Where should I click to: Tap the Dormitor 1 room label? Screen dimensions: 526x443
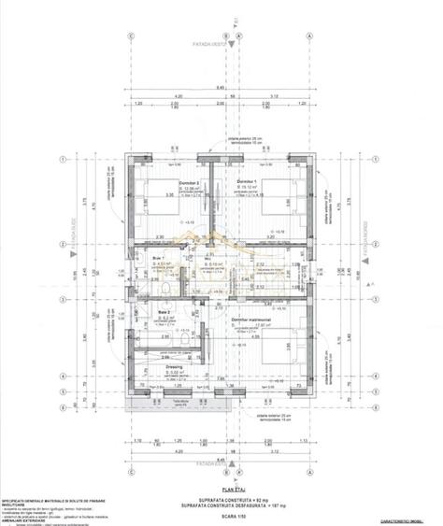click(x=246, y=180)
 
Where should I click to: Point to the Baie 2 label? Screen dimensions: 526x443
click(x=163, y=311)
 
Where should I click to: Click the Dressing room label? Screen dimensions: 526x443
click(x=174, y=366)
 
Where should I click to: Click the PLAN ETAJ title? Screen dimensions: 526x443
click(x=221, y=474)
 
